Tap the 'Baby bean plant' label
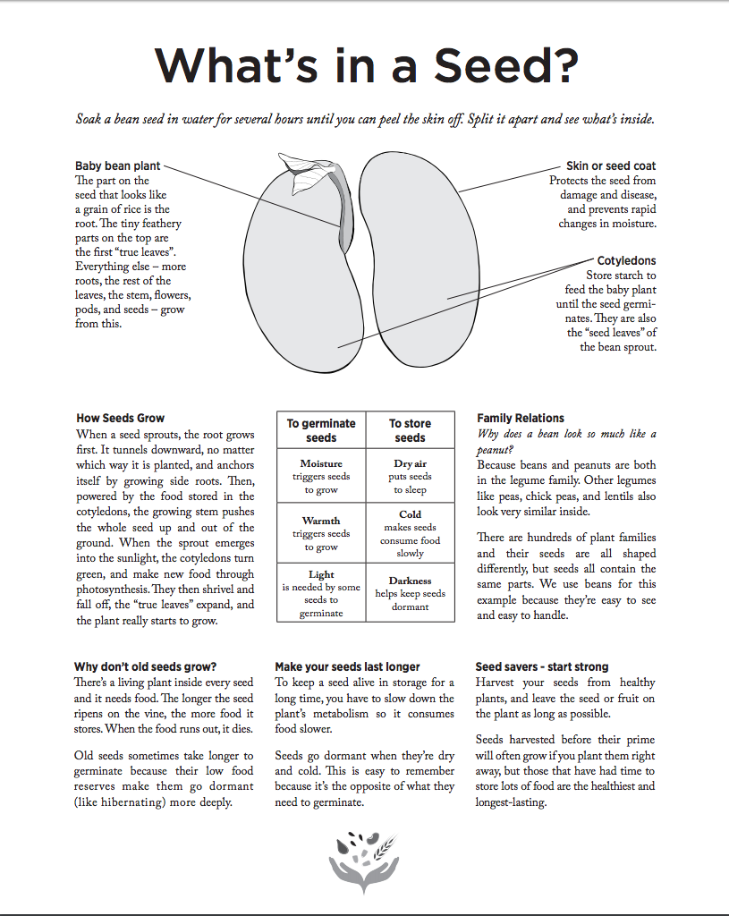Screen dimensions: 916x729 (119, 166)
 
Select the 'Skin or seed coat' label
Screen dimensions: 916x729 (610, 166)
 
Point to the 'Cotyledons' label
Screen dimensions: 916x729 (626, 261)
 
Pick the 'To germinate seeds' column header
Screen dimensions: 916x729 (321, 430)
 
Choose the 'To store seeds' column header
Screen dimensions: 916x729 (410, 430)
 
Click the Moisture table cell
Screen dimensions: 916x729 (321, 477)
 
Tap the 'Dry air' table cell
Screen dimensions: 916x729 (410, 477)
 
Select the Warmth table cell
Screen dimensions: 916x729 (321, 533)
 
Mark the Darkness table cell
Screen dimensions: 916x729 (410, 593)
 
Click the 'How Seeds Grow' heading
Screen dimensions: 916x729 (120, 418)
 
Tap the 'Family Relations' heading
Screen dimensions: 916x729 (521, 418)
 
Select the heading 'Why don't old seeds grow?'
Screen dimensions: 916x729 (146, 666)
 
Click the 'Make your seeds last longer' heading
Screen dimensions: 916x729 (347, 666)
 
